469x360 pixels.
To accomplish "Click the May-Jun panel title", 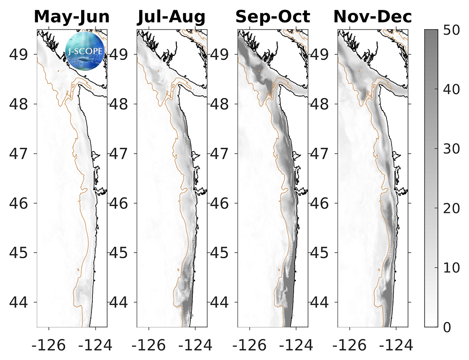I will (72, 17).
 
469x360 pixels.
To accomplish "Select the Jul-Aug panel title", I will (171, 17).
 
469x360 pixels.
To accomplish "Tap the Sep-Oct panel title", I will (272, 17).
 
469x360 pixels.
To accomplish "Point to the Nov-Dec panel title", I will (372, 17).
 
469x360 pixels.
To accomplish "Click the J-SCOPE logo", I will (85, 50).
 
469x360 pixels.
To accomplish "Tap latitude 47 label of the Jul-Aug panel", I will (122, 154).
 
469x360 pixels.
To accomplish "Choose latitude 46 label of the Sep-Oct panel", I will (223, 203).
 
